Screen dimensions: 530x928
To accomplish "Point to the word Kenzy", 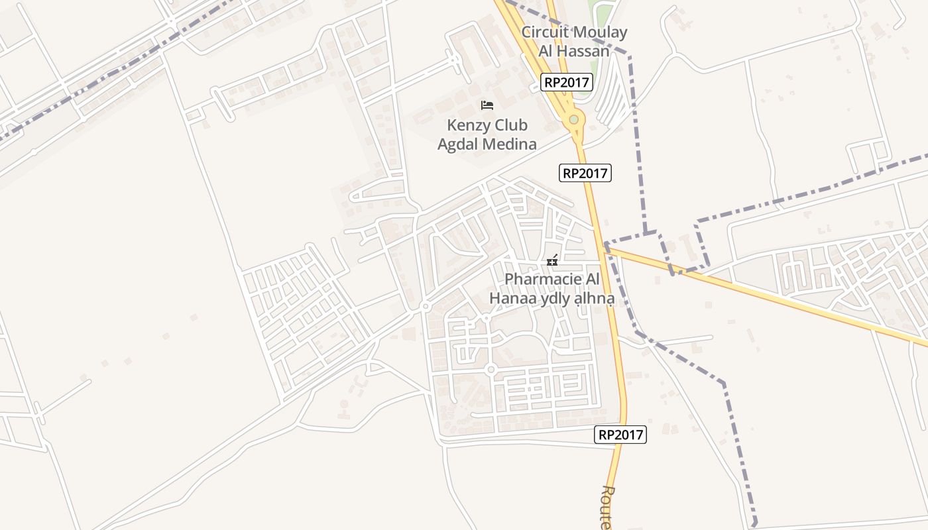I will tap(469, 125).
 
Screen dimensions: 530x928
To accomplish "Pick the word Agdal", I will tap(457, 144).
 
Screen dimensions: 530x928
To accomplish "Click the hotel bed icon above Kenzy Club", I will tap(487, 105).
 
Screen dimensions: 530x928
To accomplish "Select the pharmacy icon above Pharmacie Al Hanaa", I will tap(552, 260).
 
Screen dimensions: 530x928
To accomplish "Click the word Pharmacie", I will tap(543, 279).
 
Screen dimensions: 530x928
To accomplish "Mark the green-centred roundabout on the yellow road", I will tap(573, 120).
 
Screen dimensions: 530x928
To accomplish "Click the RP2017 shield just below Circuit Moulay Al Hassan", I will tap(566, 82).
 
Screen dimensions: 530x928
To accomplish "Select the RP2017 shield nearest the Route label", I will tap(620, 435).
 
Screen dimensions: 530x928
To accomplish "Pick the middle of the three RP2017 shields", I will tap(585, 173).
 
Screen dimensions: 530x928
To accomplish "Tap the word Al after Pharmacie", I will tap(592, 279).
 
